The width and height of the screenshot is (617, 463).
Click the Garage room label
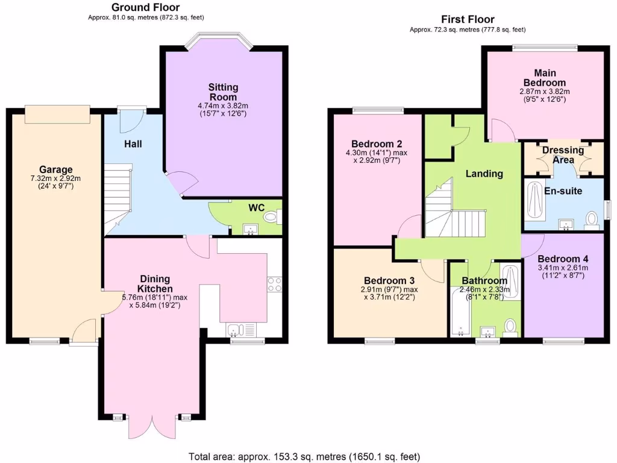(x=56, y=169)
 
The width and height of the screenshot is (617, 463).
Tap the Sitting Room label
(x=224, y=92)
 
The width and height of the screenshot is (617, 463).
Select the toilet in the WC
(x=272, y=216)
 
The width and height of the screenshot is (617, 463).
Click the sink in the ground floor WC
(x=249, y=228)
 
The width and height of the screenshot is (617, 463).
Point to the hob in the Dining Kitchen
(x=274, y=283)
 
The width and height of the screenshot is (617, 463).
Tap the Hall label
(x=133, y=144)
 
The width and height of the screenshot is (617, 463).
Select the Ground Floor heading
(x=146, y=7)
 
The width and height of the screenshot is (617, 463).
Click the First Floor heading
(x=468, y=19)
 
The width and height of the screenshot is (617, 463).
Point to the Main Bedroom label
(x=544, y=78)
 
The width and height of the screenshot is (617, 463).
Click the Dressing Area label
(x=562, y=154)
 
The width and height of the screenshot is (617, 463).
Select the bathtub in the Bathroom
(x=459, y=312)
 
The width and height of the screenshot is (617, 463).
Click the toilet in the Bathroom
(x=511, y=326)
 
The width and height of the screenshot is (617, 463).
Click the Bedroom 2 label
(x=377, y=143)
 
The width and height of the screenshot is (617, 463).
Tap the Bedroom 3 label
(x=389, y=280)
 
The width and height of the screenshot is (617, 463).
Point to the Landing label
(x=484, y=174)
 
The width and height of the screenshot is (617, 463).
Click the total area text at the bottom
(x=304, y=456)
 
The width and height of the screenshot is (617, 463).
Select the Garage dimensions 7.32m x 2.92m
(x=56, y=178)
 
